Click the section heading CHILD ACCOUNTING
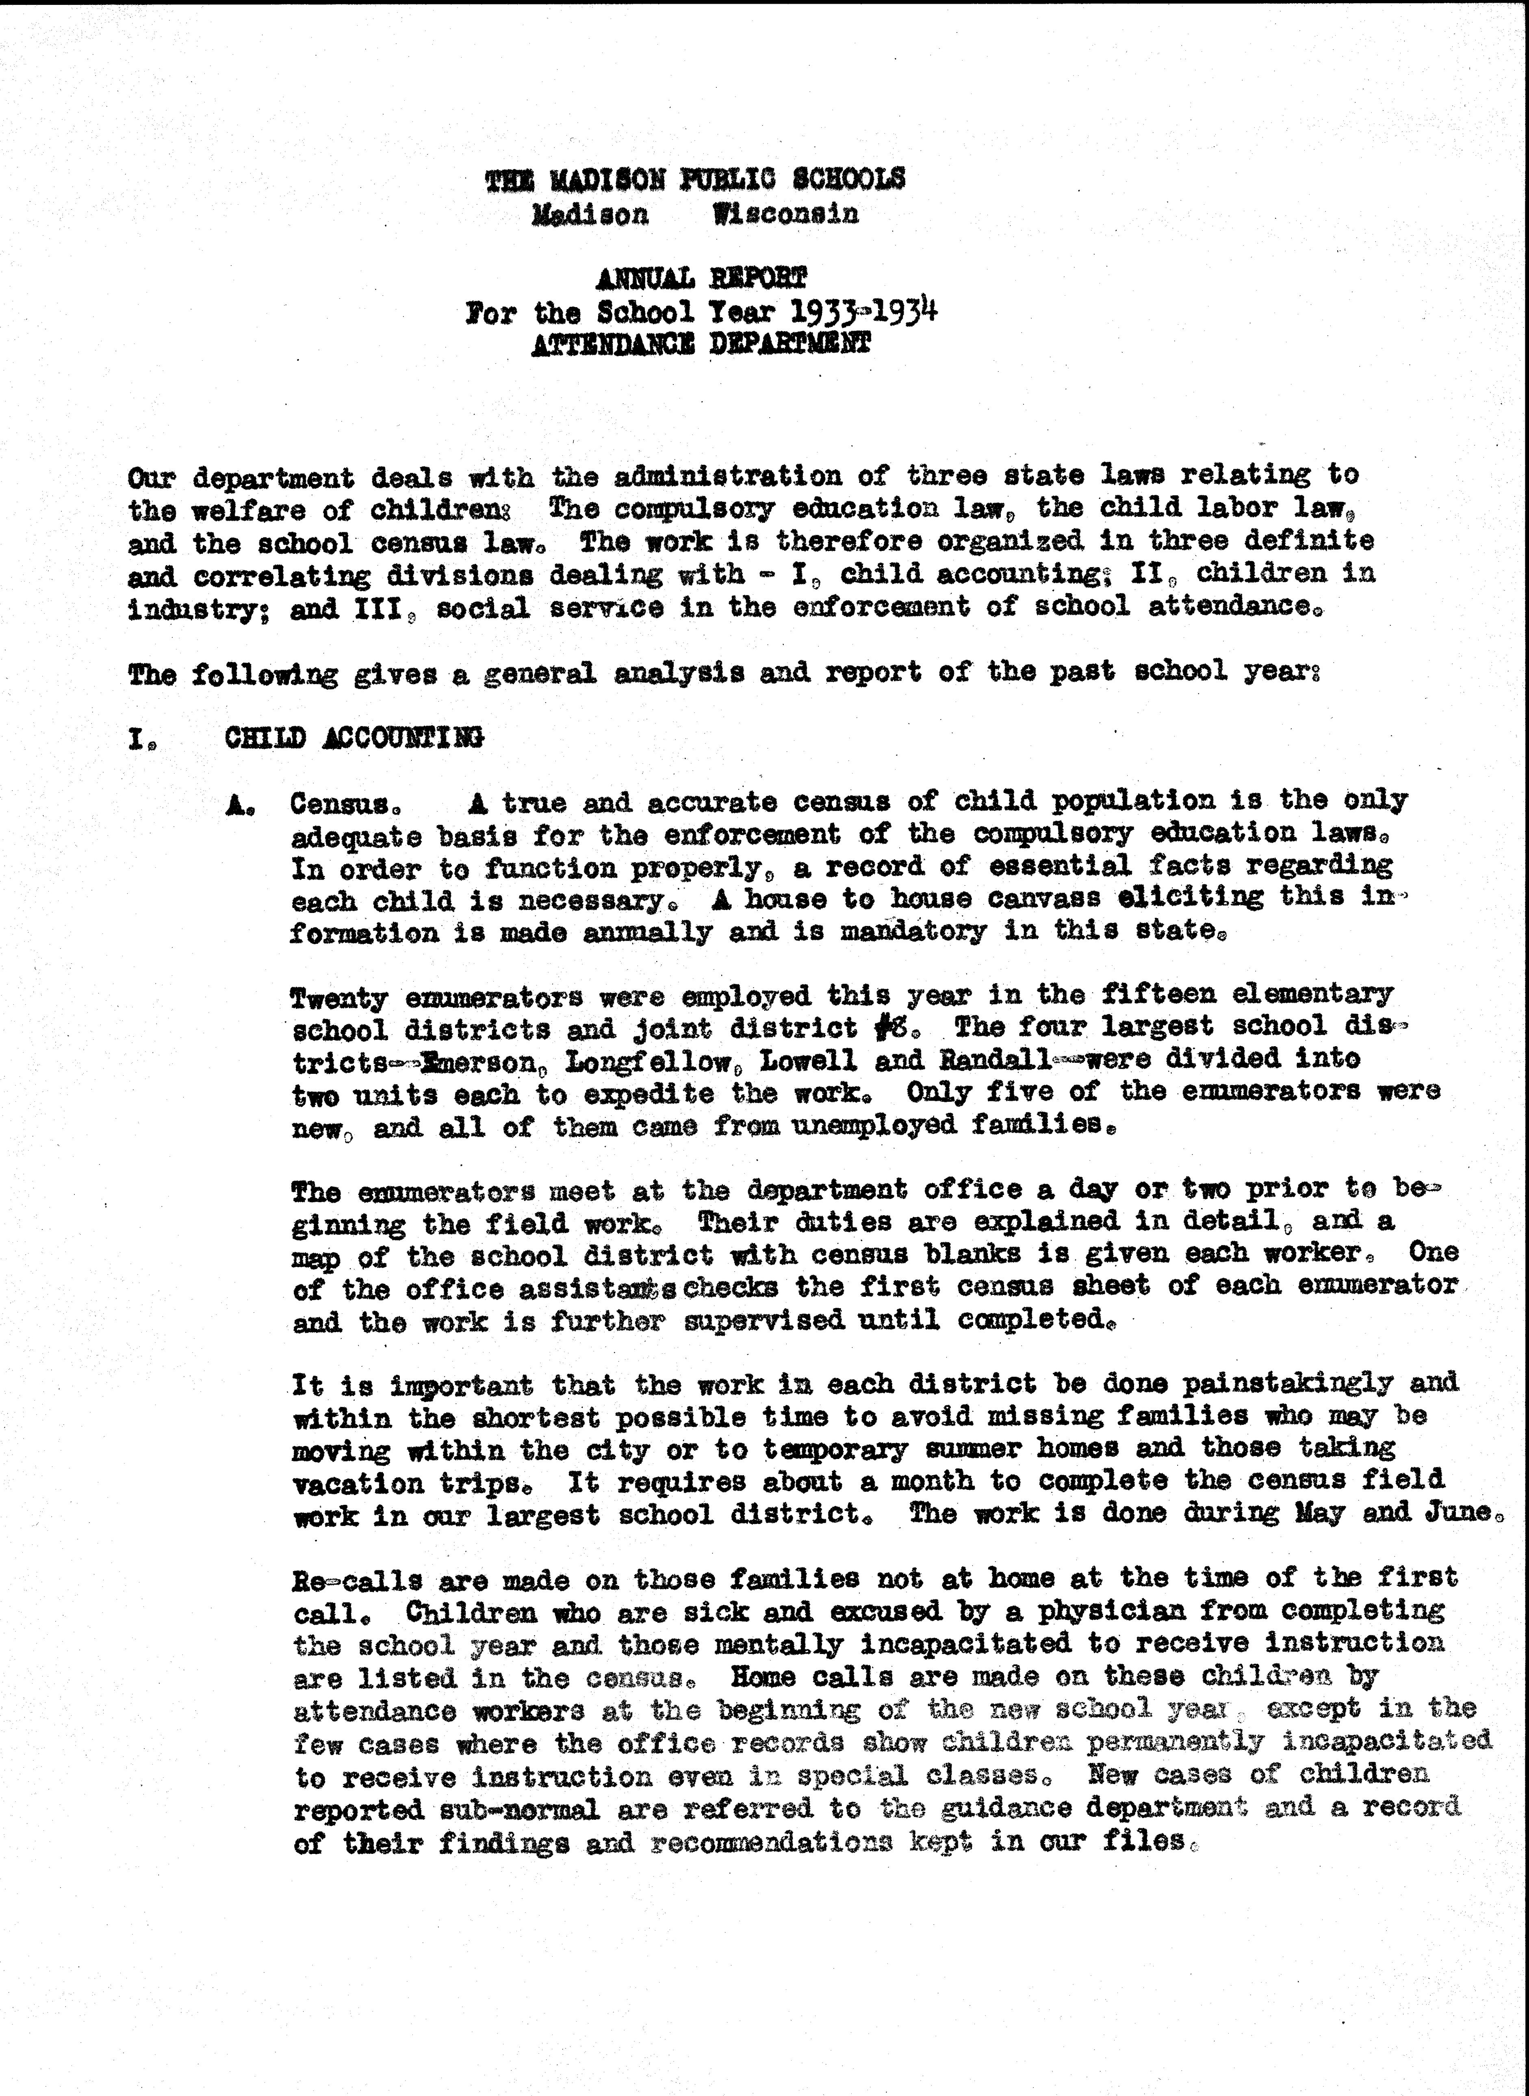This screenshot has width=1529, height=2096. [x=354, y=737]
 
